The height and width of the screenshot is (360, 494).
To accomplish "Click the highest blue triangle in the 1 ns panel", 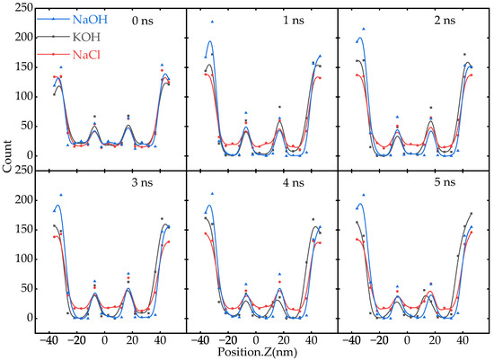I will [x=212, y=22].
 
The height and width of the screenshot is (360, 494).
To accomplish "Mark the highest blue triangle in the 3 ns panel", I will [x=60, y=195].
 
